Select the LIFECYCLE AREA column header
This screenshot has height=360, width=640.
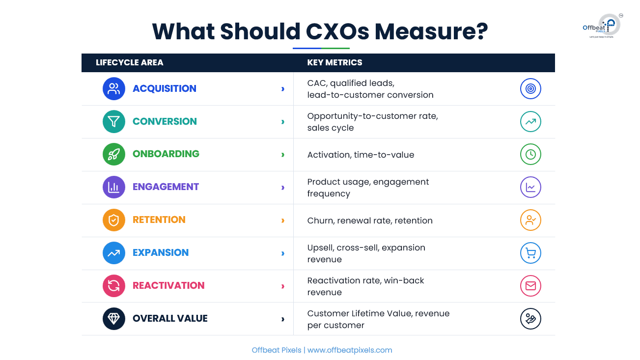[130, 62]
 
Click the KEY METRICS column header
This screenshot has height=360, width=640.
[334, 62]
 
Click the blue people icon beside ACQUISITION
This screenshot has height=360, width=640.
[114, 88]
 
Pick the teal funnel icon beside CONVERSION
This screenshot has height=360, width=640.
[114, 121]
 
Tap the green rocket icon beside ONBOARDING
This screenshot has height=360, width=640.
[114, 154]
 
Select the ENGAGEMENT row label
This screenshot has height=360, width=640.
[166, 187]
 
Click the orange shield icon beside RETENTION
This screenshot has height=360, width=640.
[114, 220]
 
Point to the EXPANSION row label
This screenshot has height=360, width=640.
[161, 252]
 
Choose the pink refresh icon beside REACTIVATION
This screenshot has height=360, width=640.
[114, 286]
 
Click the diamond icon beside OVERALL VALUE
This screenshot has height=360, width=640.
[114, 319]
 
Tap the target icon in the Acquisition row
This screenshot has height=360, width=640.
[530, 88]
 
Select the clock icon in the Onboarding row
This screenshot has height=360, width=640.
[530, 154]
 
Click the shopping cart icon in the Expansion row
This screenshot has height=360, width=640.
[530, 253]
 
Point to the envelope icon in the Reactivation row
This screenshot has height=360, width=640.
[530, 286]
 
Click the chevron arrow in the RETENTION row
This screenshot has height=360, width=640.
[283, 221]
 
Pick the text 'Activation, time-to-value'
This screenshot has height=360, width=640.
[361, 155]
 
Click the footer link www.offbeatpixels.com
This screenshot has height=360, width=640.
[350, 350]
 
